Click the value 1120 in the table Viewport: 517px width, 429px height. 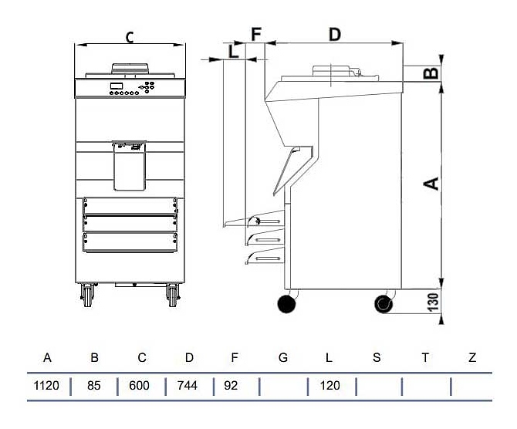[47, 385]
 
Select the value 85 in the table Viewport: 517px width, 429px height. [94, 385]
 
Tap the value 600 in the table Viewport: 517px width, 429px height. [140, 385]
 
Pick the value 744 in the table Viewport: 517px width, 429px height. [188, 385]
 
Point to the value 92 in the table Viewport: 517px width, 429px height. [231, 385]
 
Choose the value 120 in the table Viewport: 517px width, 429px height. [329, 385]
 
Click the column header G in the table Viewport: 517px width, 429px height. [282, 358]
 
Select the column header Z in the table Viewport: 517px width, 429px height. [472, 358]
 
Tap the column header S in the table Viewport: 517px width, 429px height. [377, 358]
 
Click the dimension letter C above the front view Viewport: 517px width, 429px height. [130, 36]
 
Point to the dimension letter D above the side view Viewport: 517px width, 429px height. [334, 34]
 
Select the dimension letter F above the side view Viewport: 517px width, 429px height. [256, 34]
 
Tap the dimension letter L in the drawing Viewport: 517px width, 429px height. [234, 52]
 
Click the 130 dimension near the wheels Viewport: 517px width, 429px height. [433, 301]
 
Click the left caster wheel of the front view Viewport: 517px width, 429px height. [87, 296]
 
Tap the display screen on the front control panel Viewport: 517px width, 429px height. [117, 86]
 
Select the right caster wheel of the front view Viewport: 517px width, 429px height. [172, 296]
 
